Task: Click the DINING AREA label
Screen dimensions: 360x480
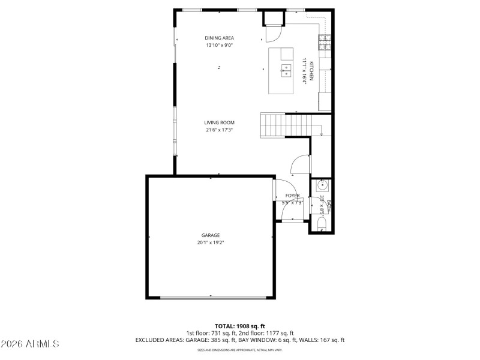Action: [x=220, y=38]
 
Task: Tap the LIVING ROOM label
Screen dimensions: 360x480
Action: [x=219, y=122]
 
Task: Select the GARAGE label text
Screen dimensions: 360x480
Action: [x=210, y=235]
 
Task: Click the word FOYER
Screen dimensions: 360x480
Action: [x=292, y=196]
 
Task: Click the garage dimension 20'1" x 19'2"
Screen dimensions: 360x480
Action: [x=210, y=243]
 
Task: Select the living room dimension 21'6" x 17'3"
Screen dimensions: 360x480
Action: [x=219, y=130]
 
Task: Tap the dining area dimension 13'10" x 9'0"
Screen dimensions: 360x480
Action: [x=220, y=45]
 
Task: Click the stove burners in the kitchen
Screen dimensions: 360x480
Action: [x=325, y=41]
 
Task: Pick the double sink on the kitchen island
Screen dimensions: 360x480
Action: [x=286, y=71]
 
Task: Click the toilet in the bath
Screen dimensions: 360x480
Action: [x=321, y=224]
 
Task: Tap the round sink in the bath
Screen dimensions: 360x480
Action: [x=320, y=186]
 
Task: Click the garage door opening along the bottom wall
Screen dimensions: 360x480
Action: [x=211, y=297]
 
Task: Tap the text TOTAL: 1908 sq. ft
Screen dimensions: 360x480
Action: [x=239, y=326]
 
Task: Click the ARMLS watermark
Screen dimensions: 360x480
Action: [x=30, y=344]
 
